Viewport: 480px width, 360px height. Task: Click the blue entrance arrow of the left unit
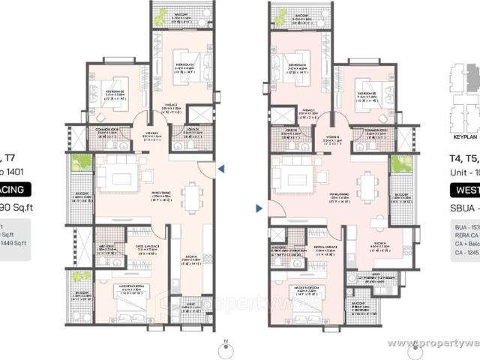(220, 170)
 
